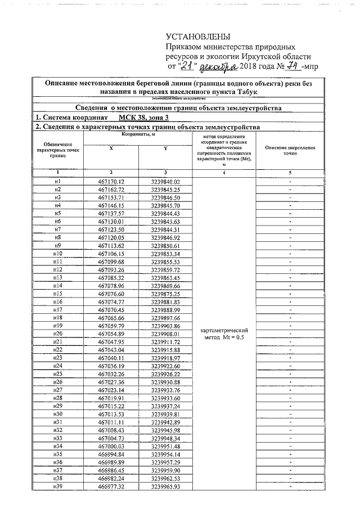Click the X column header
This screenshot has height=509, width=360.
pos(111,148)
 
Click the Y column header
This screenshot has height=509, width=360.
pos(165,148)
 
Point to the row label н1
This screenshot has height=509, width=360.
pos(57,182)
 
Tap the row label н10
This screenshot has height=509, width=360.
pos(57,255)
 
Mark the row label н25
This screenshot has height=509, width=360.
pos(57,374)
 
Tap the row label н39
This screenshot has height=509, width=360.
pos(57,487)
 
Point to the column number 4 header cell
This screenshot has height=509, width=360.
pos(224,173)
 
